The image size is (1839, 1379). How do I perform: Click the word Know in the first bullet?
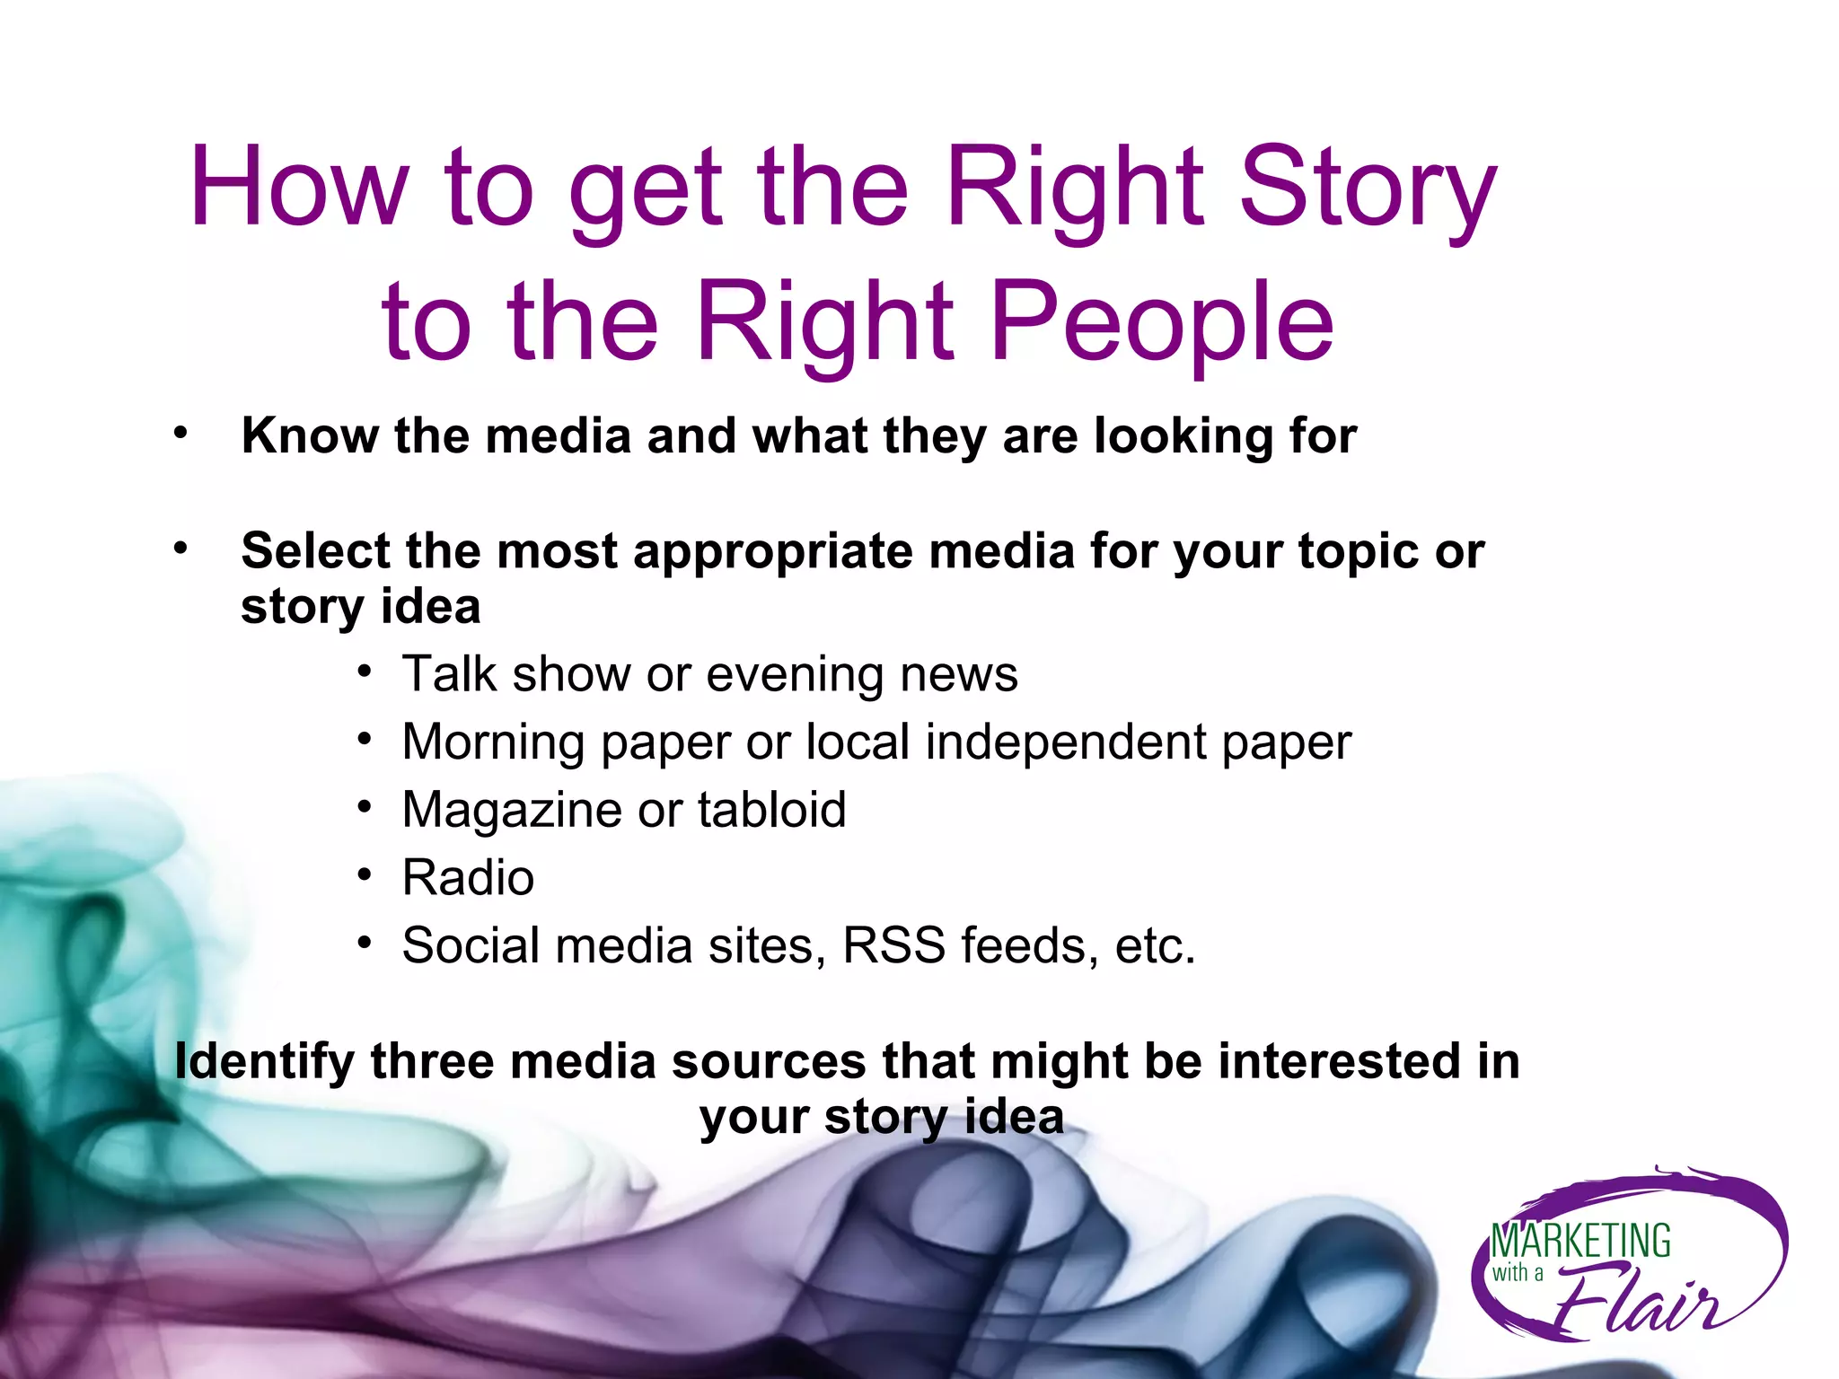click(310, 436)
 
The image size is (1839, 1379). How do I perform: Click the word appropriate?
click(773, 551)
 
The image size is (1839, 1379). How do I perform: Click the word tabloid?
click(772, 809)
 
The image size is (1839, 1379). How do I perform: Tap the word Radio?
click(468, 877)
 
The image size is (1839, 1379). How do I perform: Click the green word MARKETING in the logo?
click(1580, 1242)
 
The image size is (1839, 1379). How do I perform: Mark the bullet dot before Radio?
click(364, 874)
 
